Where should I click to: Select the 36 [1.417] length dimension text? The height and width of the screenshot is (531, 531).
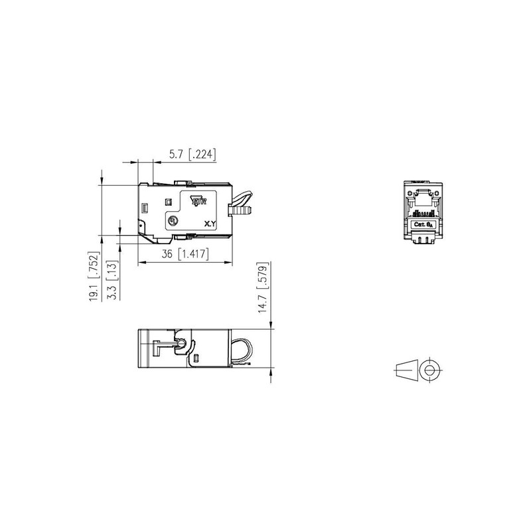[x=184, y=254]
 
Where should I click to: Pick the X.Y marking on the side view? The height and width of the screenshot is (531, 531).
[x=210, y=225]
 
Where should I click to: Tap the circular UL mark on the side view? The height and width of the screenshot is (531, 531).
[x=173, y=220]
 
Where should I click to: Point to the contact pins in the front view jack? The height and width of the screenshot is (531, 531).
[x=423, y=214]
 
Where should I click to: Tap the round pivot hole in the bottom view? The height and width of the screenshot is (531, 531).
[x=179, y=343]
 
